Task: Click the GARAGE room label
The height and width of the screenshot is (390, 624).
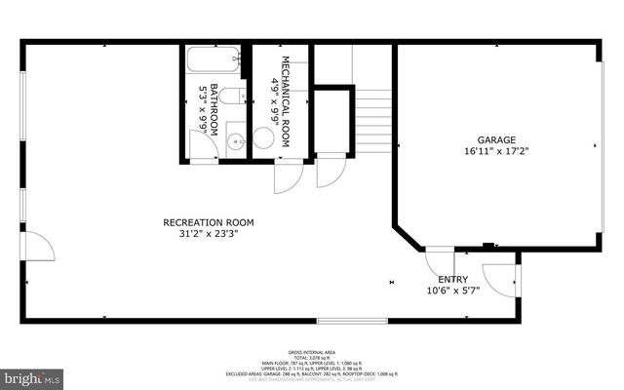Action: (496, 139)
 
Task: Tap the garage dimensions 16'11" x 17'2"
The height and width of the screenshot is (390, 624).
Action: (496, 151)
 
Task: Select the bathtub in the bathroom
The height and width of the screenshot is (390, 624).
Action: (212, 59)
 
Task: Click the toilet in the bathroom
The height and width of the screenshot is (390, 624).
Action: (232, 96)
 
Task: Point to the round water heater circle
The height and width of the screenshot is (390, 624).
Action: (263, 138)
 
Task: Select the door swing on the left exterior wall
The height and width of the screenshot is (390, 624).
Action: (37, 246)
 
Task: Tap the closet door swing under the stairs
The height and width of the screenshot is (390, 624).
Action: (331, 173)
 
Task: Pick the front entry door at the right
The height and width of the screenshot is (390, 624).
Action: (504, 280)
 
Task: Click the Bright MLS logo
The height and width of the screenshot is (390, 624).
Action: (31, 375)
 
